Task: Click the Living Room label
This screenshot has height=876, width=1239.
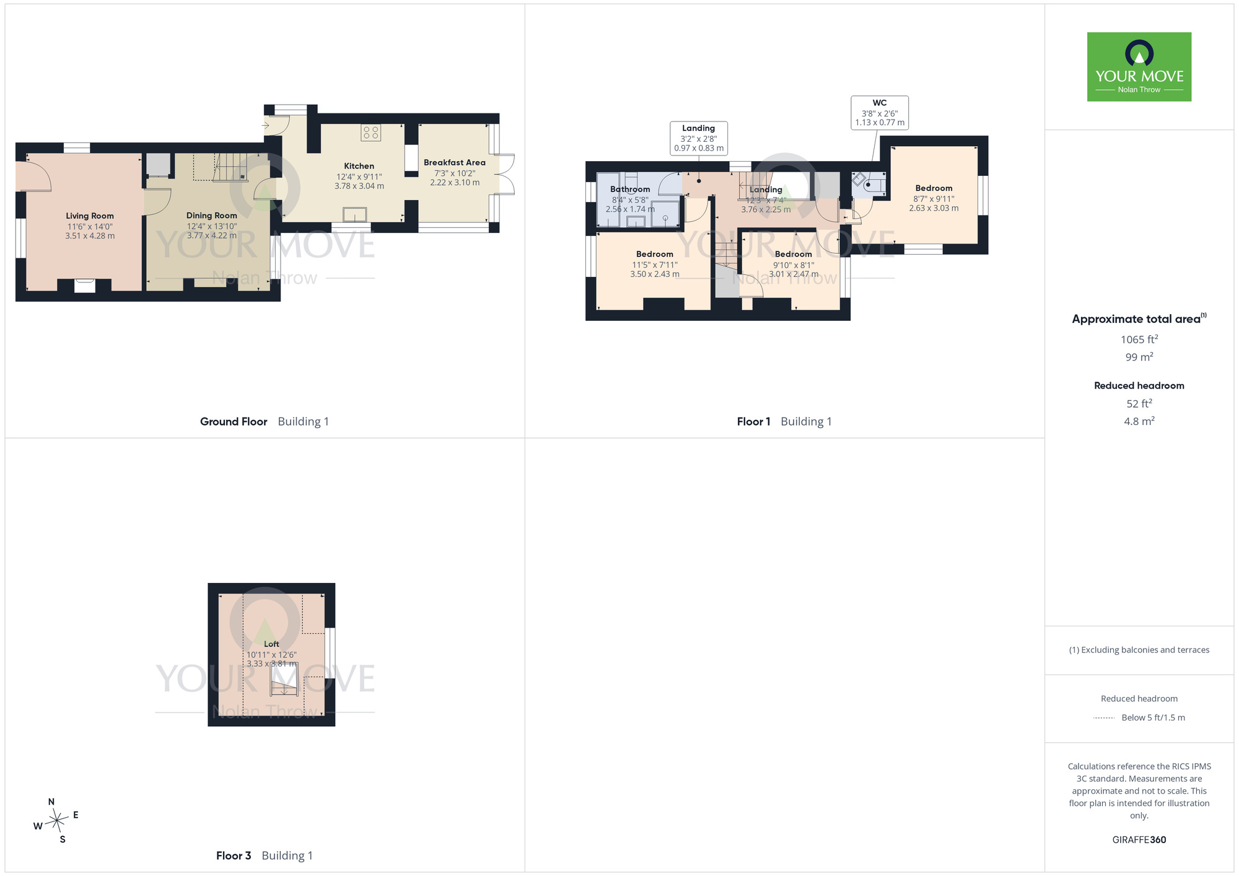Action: tap(90, 216)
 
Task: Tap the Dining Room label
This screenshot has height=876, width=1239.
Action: tap(212, 216)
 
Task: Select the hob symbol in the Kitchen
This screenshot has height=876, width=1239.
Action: tap(371, 133)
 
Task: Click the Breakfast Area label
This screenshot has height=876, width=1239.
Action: tap(455, 162)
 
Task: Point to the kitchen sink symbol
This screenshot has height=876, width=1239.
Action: tap(355, 214)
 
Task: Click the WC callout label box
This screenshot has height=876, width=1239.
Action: tap(880, 113)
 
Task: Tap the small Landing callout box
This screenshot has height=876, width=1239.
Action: tap(699, 138)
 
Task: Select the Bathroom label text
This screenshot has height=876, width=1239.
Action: tap(630, 189)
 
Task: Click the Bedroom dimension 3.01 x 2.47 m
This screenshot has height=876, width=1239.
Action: tap(794, 274)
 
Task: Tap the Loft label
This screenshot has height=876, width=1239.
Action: tap(271, 644)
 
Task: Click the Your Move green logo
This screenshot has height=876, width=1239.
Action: tap(1139, 67)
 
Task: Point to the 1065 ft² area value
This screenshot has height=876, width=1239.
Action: tap(1139, 339)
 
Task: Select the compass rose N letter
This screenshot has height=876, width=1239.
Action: tap(51, 802)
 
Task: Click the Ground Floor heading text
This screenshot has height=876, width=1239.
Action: tap(234, 421)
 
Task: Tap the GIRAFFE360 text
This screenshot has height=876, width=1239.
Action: tap(1139, 840)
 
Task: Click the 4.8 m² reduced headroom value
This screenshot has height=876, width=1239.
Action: tap(1139, 421)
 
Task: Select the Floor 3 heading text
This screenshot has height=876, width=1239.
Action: tap(234, 856)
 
